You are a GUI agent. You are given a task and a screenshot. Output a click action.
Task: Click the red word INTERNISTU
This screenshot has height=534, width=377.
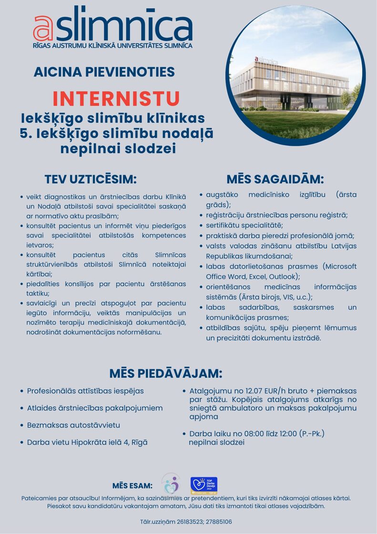[116, 99]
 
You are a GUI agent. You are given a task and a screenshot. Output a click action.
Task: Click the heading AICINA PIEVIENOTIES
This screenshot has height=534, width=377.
[104, 72]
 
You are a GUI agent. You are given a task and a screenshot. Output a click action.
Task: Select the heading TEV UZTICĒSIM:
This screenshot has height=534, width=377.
[91, 179]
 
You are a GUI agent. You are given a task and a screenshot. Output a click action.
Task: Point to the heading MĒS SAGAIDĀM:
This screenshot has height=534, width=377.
[275, 179]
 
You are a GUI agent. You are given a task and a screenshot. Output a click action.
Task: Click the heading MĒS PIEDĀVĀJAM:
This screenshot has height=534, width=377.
[165, 373]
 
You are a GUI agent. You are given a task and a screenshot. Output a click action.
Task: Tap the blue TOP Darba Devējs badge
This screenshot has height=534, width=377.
[204, 485]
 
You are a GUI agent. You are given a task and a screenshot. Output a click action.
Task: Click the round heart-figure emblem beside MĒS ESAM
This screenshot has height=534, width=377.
[171, 484]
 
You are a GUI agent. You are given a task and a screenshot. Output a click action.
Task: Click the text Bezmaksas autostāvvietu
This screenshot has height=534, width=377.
[73, 425]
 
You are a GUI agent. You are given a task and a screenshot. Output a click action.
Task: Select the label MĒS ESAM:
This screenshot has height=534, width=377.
[132, 486]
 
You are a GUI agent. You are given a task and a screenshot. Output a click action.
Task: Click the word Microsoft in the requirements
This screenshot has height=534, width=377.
[339, 266]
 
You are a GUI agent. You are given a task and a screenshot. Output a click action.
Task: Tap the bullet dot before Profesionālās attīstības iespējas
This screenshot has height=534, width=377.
[22, 391]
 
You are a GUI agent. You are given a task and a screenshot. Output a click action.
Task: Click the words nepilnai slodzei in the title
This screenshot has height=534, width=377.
[118, 149]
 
